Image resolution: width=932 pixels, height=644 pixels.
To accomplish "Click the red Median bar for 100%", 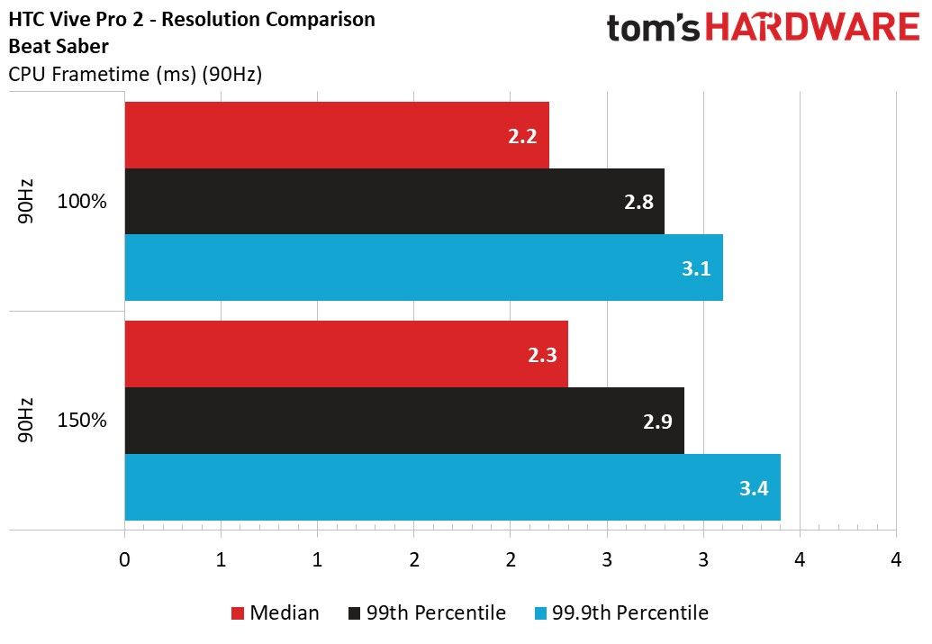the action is tap(337, 135).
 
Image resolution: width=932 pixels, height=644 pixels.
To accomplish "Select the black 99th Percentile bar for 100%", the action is tap(394, 201).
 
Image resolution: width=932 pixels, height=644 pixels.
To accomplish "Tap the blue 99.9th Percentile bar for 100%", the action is tap(424, 268).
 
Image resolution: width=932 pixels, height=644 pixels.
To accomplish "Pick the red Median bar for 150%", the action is tap(346, 354).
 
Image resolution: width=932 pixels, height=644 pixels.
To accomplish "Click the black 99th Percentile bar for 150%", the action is tap(404, 421).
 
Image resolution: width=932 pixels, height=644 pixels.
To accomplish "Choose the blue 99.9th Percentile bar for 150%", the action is tap(452, 487).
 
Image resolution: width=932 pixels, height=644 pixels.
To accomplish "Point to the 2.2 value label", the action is tap(522, 136).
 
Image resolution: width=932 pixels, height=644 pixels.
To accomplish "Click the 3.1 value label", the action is tap(696, 268).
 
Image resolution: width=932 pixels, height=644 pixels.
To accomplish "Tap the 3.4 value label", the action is tap(754, 488).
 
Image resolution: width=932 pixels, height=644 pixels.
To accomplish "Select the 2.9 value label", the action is tap(657, 422).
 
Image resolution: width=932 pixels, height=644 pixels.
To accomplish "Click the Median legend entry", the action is tap(275, 612).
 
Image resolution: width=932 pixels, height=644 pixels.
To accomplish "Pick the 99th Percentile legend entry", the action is tap(427, 612).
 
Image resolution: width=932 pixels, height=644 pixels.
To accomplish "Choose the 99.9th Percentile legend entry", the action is tap(621, 612).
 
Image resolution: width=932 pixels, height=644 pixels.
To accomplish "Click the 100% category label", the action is tap(82, 201).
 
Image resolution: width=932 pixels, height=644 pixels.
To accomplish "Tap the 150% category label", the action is tap(82, 420).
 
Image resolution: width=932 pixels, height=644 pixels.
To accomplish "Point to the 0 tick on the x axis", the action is tap(124, 559).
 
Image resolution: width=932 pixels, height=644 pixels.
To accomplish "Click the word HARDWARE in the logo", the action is tap(812, 27).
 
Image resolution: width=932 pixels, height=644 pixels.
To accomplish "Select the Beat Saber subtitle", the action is tap(59, 46).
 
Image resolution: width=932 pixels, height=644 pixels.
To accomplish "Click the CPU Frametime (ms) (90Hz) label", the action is tap(135, 75).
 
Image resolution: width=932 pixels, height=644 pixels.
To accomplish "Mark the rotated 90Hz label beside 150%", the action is tap(25, 421).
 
